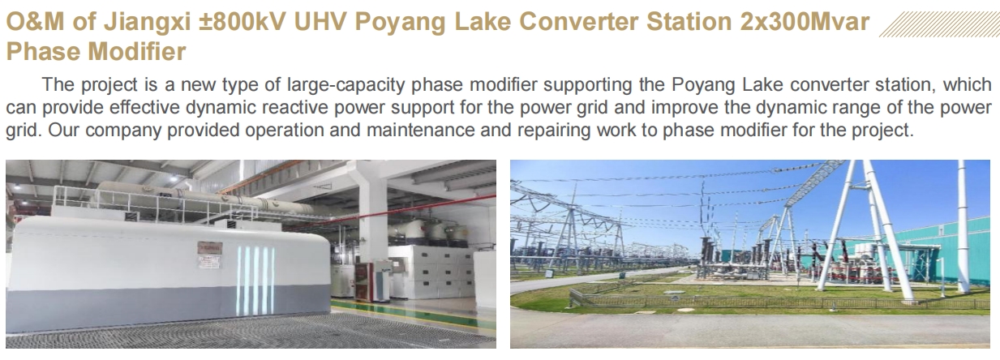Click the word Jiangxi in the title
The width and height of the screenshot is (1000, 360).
147,23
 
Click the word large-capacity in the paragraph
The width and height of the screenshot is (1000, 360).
345,85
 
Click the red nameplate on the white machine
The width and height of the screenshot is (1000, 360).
210,248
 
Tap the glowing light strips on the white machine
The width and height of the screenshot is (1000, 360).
255,281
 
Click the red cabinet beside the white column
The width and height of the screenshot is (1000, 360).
364,281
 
